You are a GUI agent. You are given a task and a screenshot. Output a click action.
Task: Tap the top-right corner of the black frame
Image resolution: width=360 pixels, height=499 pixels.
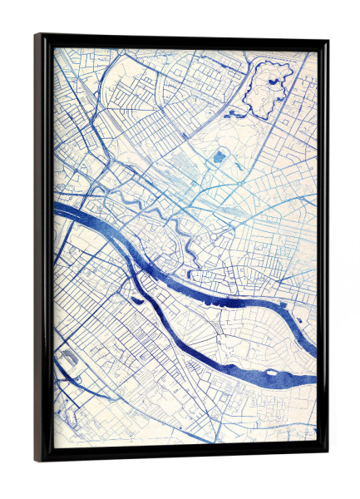click(327, 39)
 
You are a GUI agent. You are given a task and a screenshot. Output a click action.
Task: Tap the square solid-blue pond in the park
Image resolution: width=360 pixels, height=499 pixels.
click(219, 156)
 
